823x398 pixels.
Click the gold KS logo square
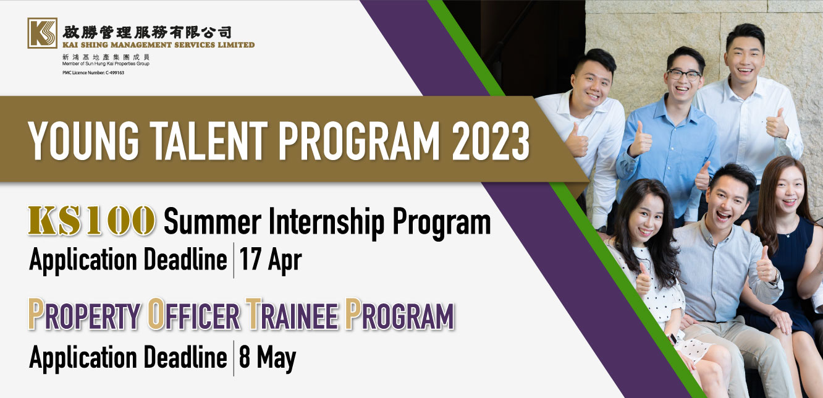tap(42, 33)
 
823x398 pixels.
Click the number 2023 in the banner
tap(491, 141)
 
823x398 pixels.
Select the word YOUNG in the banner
tap(84, 141)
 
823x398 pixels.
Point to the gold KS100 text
tap(91, 221)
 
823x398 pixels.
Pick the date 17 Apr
tap(271, 260)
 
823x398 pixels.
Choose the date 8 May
tap(268, 358)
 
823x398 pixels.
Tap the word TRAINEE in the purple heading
tap(292, 315)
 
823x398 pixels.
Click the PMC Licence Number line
tap(93, 73)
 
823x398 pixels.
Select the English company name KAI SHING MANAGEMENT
tap(117, 45)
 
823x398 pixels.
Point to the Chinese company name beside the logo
tap(147, 32)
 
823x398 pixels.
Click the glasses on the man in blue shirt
tap(684, 75)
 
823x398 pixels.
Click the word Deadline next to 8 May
tap(185, 358)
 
